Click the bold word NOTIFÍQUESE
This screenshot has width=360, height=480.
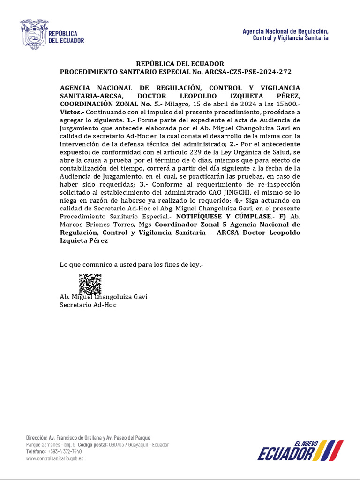[202, 216]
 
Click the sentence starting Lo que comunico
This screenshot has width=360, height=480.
[131, 265]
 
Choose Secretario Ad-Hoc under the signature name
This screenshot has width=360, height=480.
[88, 305]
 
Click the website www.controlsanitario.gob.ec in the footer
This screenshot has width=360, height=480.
[55, 458]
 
